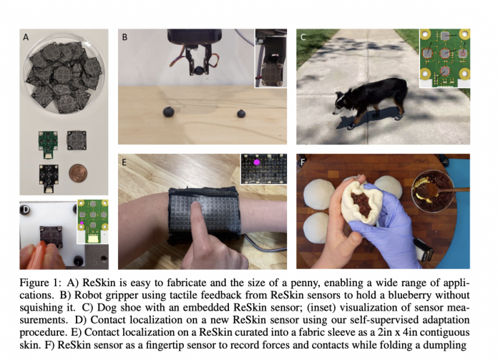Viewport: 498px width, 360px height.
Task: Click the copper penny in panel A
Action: [78, 173]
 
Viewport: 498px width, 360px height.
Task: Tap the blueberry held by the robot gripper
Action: [200, 71]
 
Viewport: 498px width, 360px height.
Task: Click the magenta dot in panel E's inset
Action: [257, 162]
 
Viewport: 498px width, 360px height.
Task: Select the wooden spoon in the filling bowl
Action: [441, 190]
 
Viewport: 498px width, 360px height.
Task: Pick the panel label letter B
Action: [125, 37]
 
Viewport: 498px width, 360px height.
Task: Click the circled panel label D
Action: [25, 210]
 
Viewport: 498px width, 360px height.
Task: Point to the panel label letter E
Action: [125, 162]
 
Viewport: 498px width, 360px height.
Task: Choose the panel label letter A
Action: [26, 37]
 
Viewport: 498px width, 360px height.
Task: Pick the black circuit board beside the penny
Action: [49, 178]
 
